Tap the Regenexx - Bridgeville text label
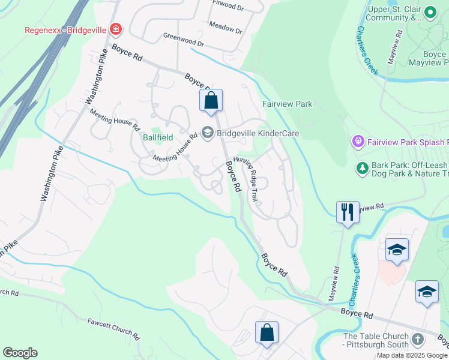[65, 29]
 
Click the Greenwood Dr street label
[184, 40]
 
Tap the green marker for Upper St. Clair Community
[430, 13]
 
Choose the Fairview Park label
[287, 104]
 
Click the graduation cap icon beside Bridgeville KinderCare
[208, 133]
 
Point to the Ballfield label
[157, 137]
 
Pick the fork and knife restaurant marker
[347, 212]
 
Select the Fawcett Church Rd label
[113, 329]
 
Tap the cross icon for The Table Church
[418, 340]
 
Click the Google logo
[20, 353]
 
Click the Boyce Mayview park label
[427, 58]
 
